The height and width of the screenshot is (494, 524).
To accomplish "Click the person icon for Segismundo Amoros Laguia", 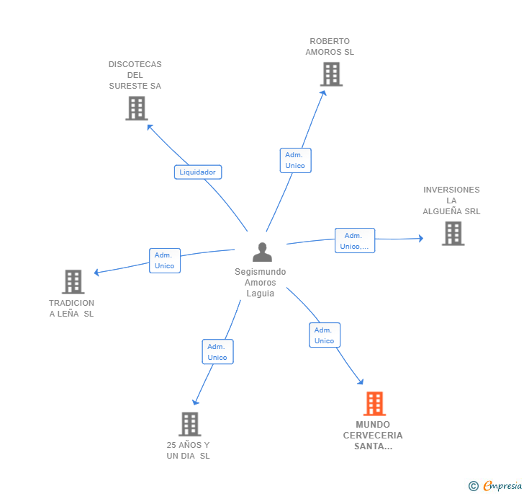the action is click(262, 252).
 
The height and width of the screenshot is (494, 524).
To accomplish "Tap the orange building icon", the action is click(374, 404).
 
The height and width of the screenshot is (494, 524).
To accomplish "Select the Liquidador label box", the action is click(198, 172).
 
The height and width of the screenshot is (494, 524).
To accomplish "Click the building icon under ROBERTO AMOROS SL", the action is click(332, 74).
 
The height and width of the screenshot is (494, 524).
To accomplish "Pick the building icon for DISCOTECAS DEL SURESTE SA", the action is click(137, 108).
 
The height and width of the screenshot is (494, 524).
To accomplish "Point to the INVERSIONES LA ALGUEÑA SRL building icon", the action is click(453, 234).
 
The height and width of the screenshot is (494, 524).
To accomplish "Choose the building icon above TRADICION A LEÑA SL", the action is click(73, 282).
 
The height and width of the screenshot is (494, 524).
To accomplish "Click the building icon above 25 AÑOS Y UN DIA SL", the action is click(190, 424).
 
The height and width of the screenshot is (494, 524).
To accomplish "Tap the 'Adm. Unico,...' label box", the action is click(355, 240).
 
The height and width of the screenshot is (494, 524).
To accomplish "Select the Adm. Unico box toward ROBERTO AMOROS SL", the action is click(295, 160).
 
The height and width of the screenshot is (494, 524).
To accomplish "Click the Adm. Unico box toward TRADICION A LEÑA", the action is click(165, 260).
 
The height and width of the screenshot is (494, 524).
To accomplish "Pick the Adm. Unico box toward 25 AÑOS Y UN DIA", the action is click(217, 352).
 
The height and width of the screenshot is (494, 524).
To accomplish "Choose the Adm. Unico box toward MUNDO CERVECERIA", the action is click(325, 335).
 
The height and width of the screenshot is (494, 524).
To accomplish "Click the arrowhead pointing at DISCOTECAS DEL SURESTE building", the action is click(150, 127).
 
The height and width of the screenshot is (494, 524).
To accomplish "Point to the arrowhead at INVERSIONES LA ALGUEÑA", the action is click(421, 239).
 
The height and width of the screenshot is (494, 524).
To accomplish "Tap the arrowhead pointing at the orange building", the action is click(361, 381).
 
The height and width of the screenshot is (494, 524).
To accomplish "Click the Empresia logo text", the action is click(502, 485).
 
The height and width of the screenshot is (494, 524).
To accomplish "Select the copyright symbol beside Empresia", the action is click(474, 486).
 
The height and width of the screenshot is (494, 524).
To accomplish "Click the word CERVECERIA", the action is click(373, 436).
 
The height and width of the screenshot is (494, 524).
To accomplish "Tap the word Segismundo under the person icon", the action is click(261, 272).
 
